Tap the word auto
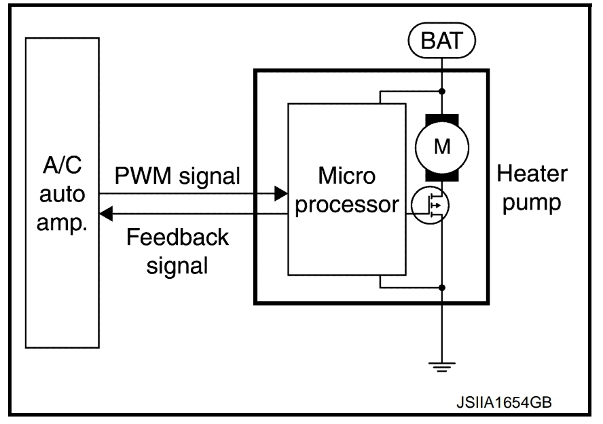[x=61, y=196]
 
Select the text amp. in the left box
[x=61, y=225]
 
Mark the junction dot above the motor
[x=442, y=90]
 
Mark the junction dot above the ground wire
[x=442, y=288]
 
